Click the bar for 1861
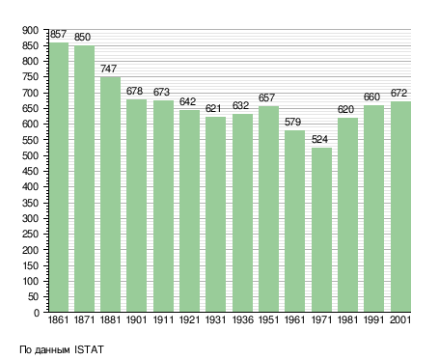pos(59,178)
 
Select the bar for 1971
pos(321,230)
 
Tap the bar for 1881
pos(110,194)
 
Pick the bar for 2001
pos(400,207)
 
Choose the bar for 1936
pos(242,213)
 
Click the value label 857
pos(58,34)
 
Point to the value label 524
pos(319,139)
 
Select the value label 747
pos(108,69)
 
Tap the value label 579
pos(292,122)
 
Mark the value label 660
pos(371,97)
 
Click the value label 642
pos(187,101)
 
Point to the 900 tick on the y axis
pos(30,31)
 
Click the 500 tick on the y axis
pos(30,155)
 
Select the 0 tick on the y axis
pos(37,313)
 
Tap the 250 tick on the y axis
pos(30,235)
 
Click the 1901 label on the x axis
pos(136,319)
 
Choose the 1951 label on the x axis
pos(268,319)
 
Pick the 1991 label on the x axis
pos(373,319)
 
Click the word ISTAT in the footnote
pos(89,349)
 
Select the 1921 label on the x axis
pos(189,319)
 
